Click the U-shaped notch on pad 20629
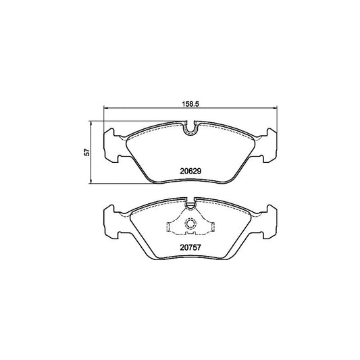point(190,125)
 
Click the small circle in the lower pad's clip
point(190,225)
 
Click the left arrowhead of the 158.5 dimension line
point(103,110)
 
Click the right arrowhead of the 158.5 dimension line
point(278,110)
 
